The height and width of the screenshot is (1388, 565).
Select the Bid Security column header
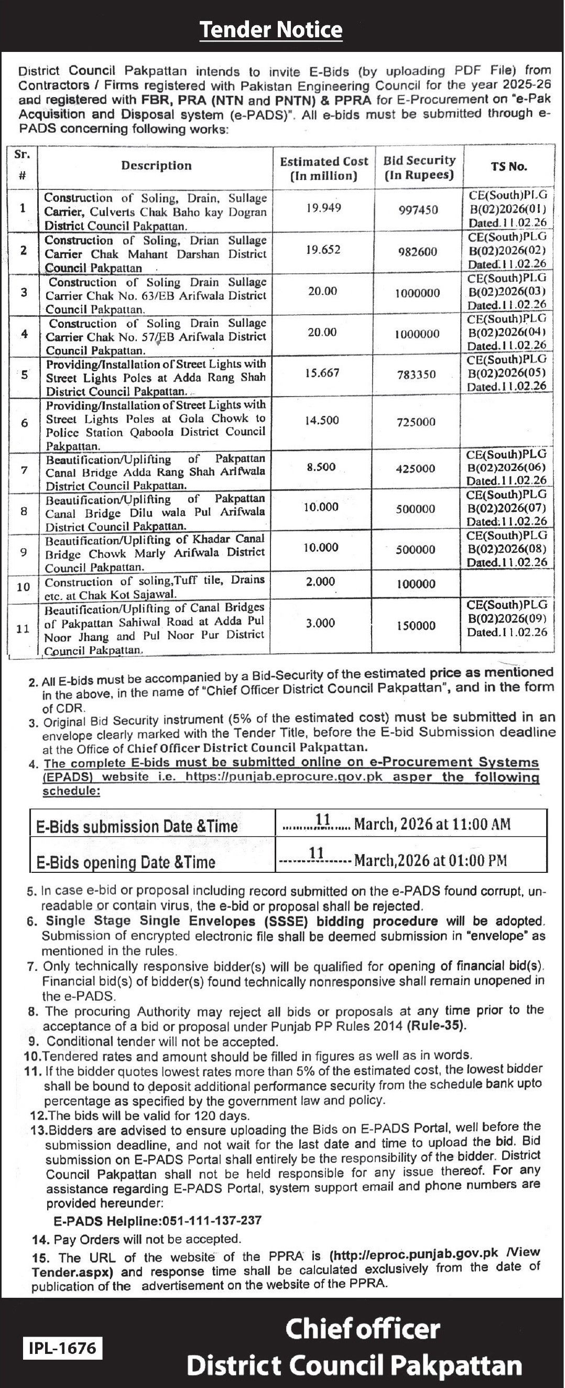[419, 167]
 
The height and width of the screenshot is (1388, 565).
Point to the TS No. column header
[508, 166]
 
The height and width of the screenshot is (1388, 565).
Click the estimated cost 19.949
[324, 208]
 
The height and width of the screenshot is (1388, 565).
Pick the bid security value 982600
[417, 252]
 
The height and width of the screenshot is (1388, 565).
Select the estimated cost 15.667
[322, 373]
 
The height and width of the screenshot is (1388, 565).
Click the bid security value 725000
[416, 422]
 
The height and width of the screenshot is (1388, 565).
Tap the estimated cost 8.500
[321, 467]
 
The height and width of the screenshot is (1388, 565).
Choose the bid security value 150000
[416, 626]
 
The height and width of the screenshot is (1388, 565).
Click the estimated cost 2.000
[320, 582]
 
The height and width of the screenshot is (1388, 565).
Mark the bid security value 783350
[416, 374]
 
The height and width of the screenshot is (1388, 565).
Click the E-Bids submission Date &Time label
[137, 827]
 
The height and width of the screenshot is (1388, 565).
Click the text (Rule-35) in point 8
[437, 1026]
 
